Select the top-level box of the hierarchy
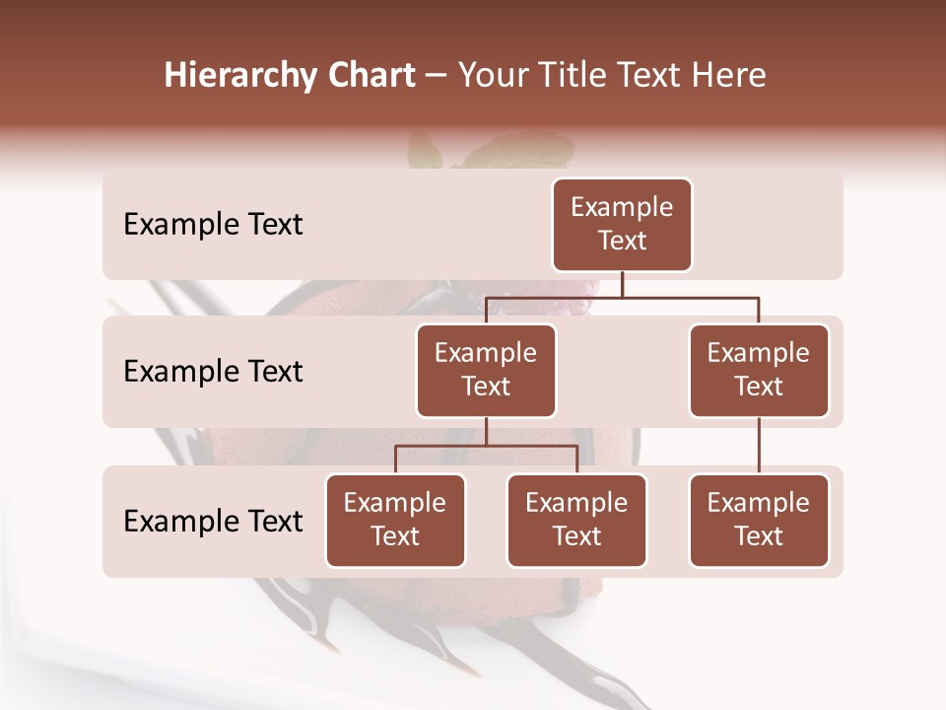(622, 225)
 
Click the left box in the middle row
(486, 371)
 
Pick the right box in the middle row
(759, 371)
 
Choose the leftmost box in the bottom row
(395, 521)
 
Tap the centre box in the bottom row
(576, 521)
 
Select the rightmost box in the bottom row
(759, 521)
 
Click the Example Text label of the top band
(213, 225)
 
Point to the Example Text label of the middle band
(213, 372)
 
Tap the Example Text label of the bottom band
(213, 521)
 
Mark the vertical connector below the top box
(622, 284)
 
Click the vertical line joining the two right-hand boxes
(759, 446)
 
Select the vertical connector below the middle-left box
(486, 431)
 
